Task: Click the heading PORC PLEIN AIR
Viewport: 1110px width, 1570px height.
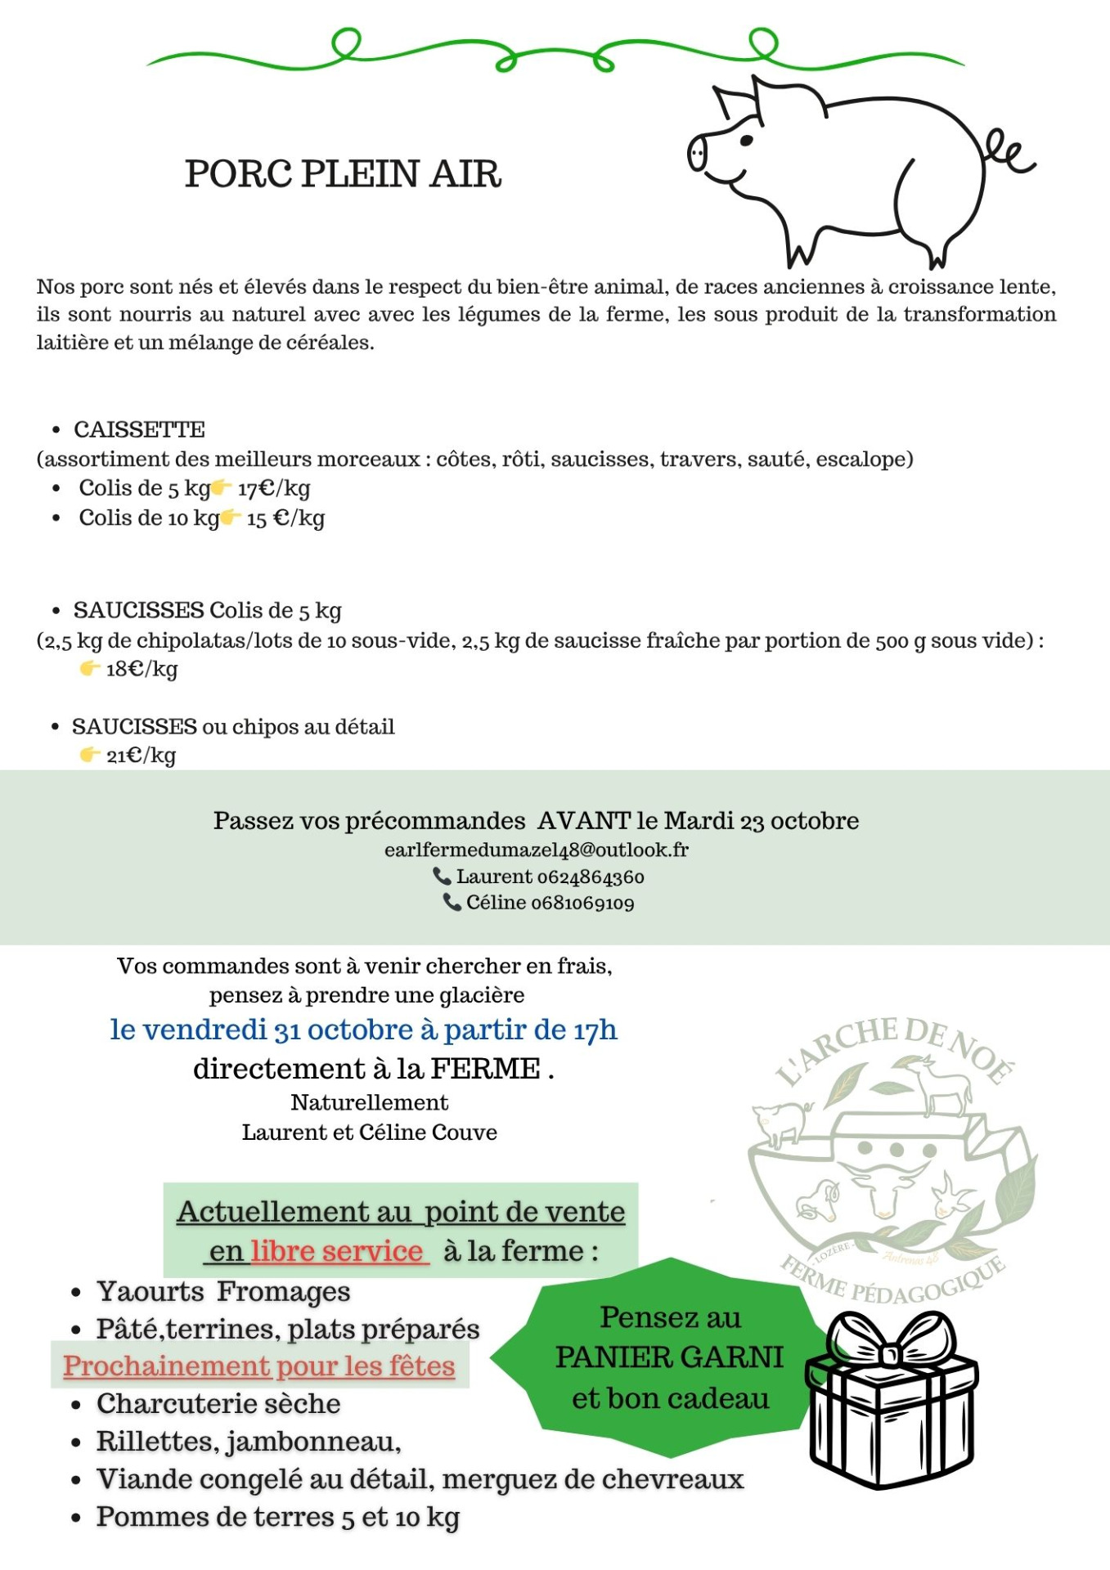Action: tap(343, 174)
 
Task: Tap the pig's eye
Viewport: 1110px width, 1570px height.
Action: tap(746, 141)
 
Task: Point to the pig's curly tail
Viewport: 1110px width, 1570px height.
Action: tap(1009, 152)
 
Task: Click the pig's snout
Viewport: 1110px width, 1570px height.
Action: tap(698, 153)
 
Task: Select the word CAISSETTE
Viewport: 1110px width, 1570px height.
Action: tap(139, 429)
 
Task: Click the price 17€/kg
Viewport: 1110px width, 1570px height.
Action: tap(274, 489)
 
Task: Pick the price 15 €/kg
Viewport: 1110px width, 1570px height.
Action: tap(285, 518)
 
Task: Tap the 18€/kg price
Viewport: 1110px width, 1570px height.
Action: tap(142, 669)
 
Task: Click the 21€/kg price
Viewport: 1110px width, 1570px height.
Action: tap(141, 756)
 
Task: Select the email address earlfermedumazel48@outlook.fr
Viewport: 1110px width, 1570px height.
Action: tap(537, 850)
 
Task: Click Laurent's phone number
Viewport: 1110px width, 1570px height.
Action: tap(590, 877)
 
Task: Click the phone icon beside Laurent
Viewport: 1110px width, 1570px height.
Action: tap(442, 877)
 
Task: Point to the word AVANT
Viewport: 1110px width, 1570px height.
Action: tap(584, 820)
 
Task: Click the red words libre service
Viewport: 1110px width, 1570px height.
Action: tap(337, 1251)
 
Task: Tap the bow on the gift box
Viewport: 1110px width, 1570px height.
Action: tap(891, 1342)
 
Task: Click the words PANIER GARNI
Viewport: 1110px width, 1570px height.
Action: tap(669, 1357)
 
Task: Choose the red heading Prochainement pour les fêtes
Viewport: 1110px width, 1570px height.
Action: tap(259, 1366)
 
